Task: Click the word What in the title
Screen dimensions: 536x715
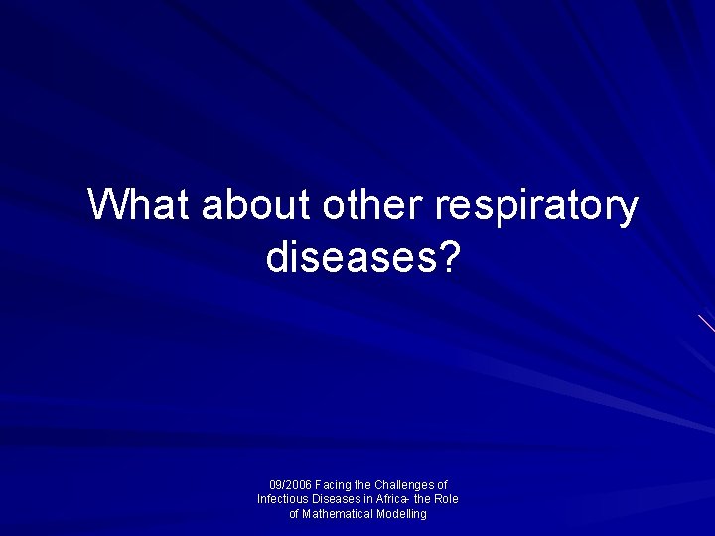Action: (x=140, y=204)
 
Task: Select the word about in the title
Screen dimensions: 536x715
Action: (x=256, y=204)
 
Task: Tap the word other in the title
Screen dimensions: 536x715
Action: (x=372, y=204)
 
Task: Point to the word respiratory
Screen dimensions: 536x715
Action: (x=536, y=206)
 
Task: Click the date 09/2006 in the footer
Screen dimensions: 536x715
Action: (x=290, y=485)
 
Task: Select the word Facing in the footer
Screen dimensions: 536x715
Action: (x=333, y=485)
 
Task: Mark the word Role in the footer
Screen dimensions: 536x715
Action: (x=446, y=499)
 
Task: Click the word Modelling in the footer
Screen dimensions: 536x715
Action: (x=401, y=514)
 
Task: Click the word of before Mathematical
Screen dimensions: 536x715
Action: (x=295, y=514)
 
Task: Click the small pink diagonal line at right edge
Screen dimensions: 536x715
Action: (x=706, y=323)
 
